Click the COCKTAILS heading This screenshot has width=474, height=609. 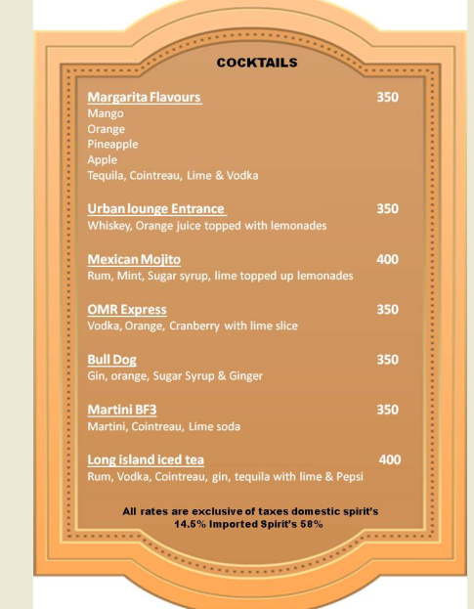pyautogui.click(x=257, y=63)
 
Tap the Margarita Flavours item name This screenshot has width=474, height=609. pyautogui.click(x=144, y=98)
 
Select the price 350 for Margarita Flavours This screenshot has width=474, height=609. pyautogui.click(x=387, y=98)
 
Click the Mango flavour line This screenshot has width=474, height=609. pyautogui.click(x=106, y=113)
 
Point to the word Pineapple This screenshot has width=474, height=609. pyautogui.click(x=112, y=144)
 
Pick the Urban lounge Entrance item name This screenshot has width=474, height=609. pyautogui.click(x=156, y=209)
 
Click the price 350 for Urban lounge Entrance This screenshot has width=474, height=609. pyautogui.click(x=387, y=209)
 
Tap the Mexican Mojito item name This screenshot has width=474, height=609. pyautogui.click(x=134, y=260)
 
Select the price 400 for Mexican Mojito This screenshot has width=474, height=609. pyautogui.click(x=387, y=260)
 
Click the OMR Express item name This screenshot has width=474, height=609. pyautogui.click(x=127, y=310)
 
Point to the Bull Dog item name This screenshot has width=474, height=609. pyautogui.click(x=111, y=360)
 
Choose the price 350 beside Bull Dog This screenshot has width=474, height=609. pyautogui.click(x=387, y=360)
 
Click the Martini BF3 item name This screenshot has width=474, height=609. pyautogui.click(x=121, y=410)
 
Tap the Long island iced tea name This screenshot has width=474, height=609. pyautogui.click(x=146, y=459)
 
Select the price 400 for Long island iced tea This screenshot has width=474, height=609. pyautogui.click(x=389, y=459)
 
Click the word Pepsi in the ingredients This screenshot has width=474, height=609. pyautogui.click(x=348, y=477)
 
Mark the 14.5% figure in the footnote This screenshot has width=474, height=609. pyautogui.click(x=191, y=524)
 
